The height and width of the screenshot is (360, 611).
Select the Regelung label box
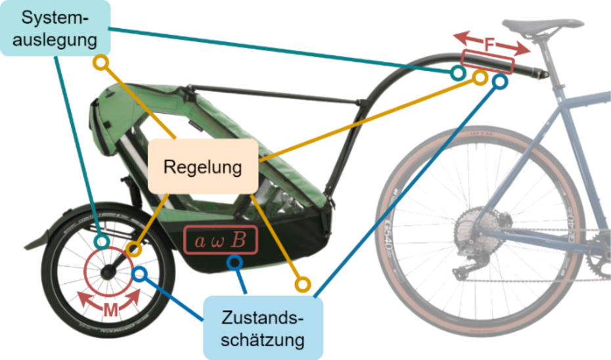[x=202, y=166]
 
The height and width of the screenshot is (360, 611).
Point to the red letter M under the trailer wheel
[x=110, y=310]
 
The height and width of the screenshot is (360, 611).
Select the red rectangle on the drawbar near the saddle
[x=487, y=61]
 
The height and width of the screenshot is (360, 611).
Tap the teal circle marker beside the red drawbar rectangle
[x=457, y=73]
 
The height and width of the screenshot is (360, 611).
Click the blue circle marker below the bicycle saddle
[x=500, y=81]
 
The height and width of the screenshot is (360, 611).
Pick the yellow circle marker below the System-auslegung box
[x=100, y=63]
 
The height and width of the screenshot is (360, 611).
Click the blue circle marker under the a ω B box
[x=235, y=262]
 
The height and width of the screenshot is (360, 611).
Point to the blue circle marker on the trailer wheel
[x=139, y=273]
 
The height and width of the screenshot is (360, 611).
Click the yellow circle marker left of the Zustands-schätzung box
[x=302, y=284]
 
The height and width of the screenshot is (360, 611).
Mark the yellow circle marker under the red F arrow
[x=480, y=78]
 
